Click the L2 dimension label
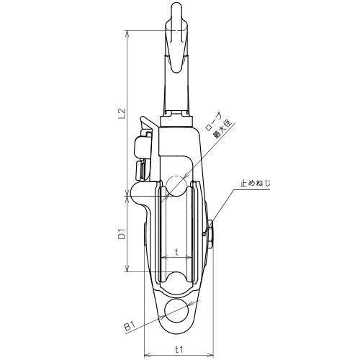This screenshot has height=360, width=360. [x=122, y=113]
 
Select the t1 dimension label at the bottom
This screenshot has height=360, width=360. [x=179, y=349]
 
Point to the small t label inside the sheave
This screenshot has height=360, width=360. [x=176, y=252]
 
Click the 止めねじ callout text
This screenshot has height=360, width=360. [x=256, y=184]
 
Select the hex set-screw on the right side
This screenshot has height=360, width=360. [x=210, y=234]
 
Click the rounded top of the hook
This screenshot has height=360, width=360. [x=176, y=7]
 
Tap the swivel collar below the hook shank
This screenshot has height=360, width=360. [x=176, y=122]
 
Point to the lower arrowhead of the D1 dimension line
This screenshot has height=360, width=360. [x=127, y=269]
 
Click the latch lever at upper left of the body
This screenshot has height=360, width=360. [x=149, y=123]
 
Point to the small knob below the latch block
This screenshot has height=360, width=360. [x=140, y=171]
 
